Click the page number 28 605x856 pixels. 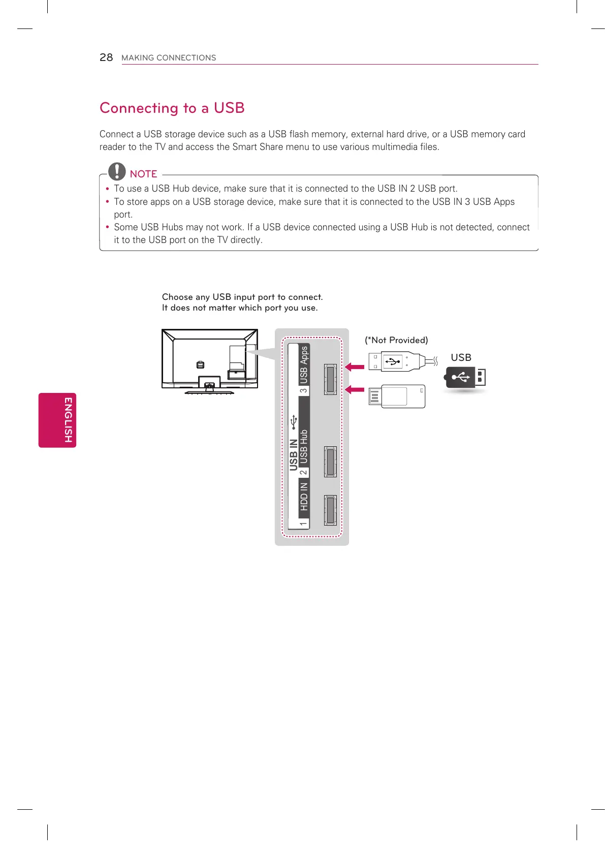(x=106, y=57)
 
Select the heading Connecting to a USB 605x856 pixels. (x=172, y=108)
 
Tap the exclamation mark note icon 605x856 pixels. (x=117, y=171)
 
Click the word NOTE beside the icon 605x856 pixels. (x=143, y=174)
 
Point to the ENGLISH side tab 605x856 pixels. (x=57, y=420)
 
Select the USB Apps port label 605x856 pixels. (x=304, y=364)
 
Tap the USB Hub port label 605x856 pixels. (x=304, y=447)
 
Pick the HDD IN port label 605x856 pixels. (x=304, y=496)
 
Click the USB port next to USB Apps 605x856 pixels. (x=330, y=380)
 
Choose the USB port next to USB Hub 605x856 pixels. (x=330, y=462)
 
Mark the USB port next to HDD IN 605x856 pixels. (x=330, y=510)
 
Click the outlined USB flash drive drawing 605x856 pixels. (x=397, y=396)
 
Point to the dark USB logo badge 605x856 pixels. (x=465, y=378)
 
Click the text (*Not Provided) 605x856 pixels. (x=396, y=340)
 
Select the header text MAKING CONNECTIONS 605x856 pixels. (x=169, y=58)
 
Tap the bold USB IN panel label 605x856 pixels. (x=294, y=454)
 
